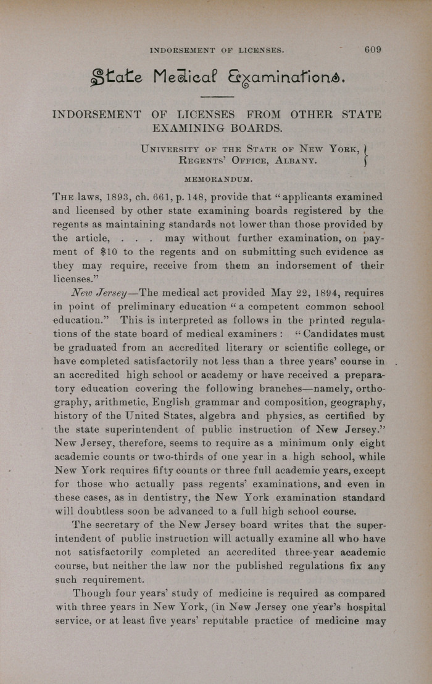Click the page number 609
point(373,50)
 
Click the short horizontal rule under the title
point(217,97)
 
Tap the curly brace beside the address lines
point(366,155)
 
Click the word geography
point(356,402)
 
